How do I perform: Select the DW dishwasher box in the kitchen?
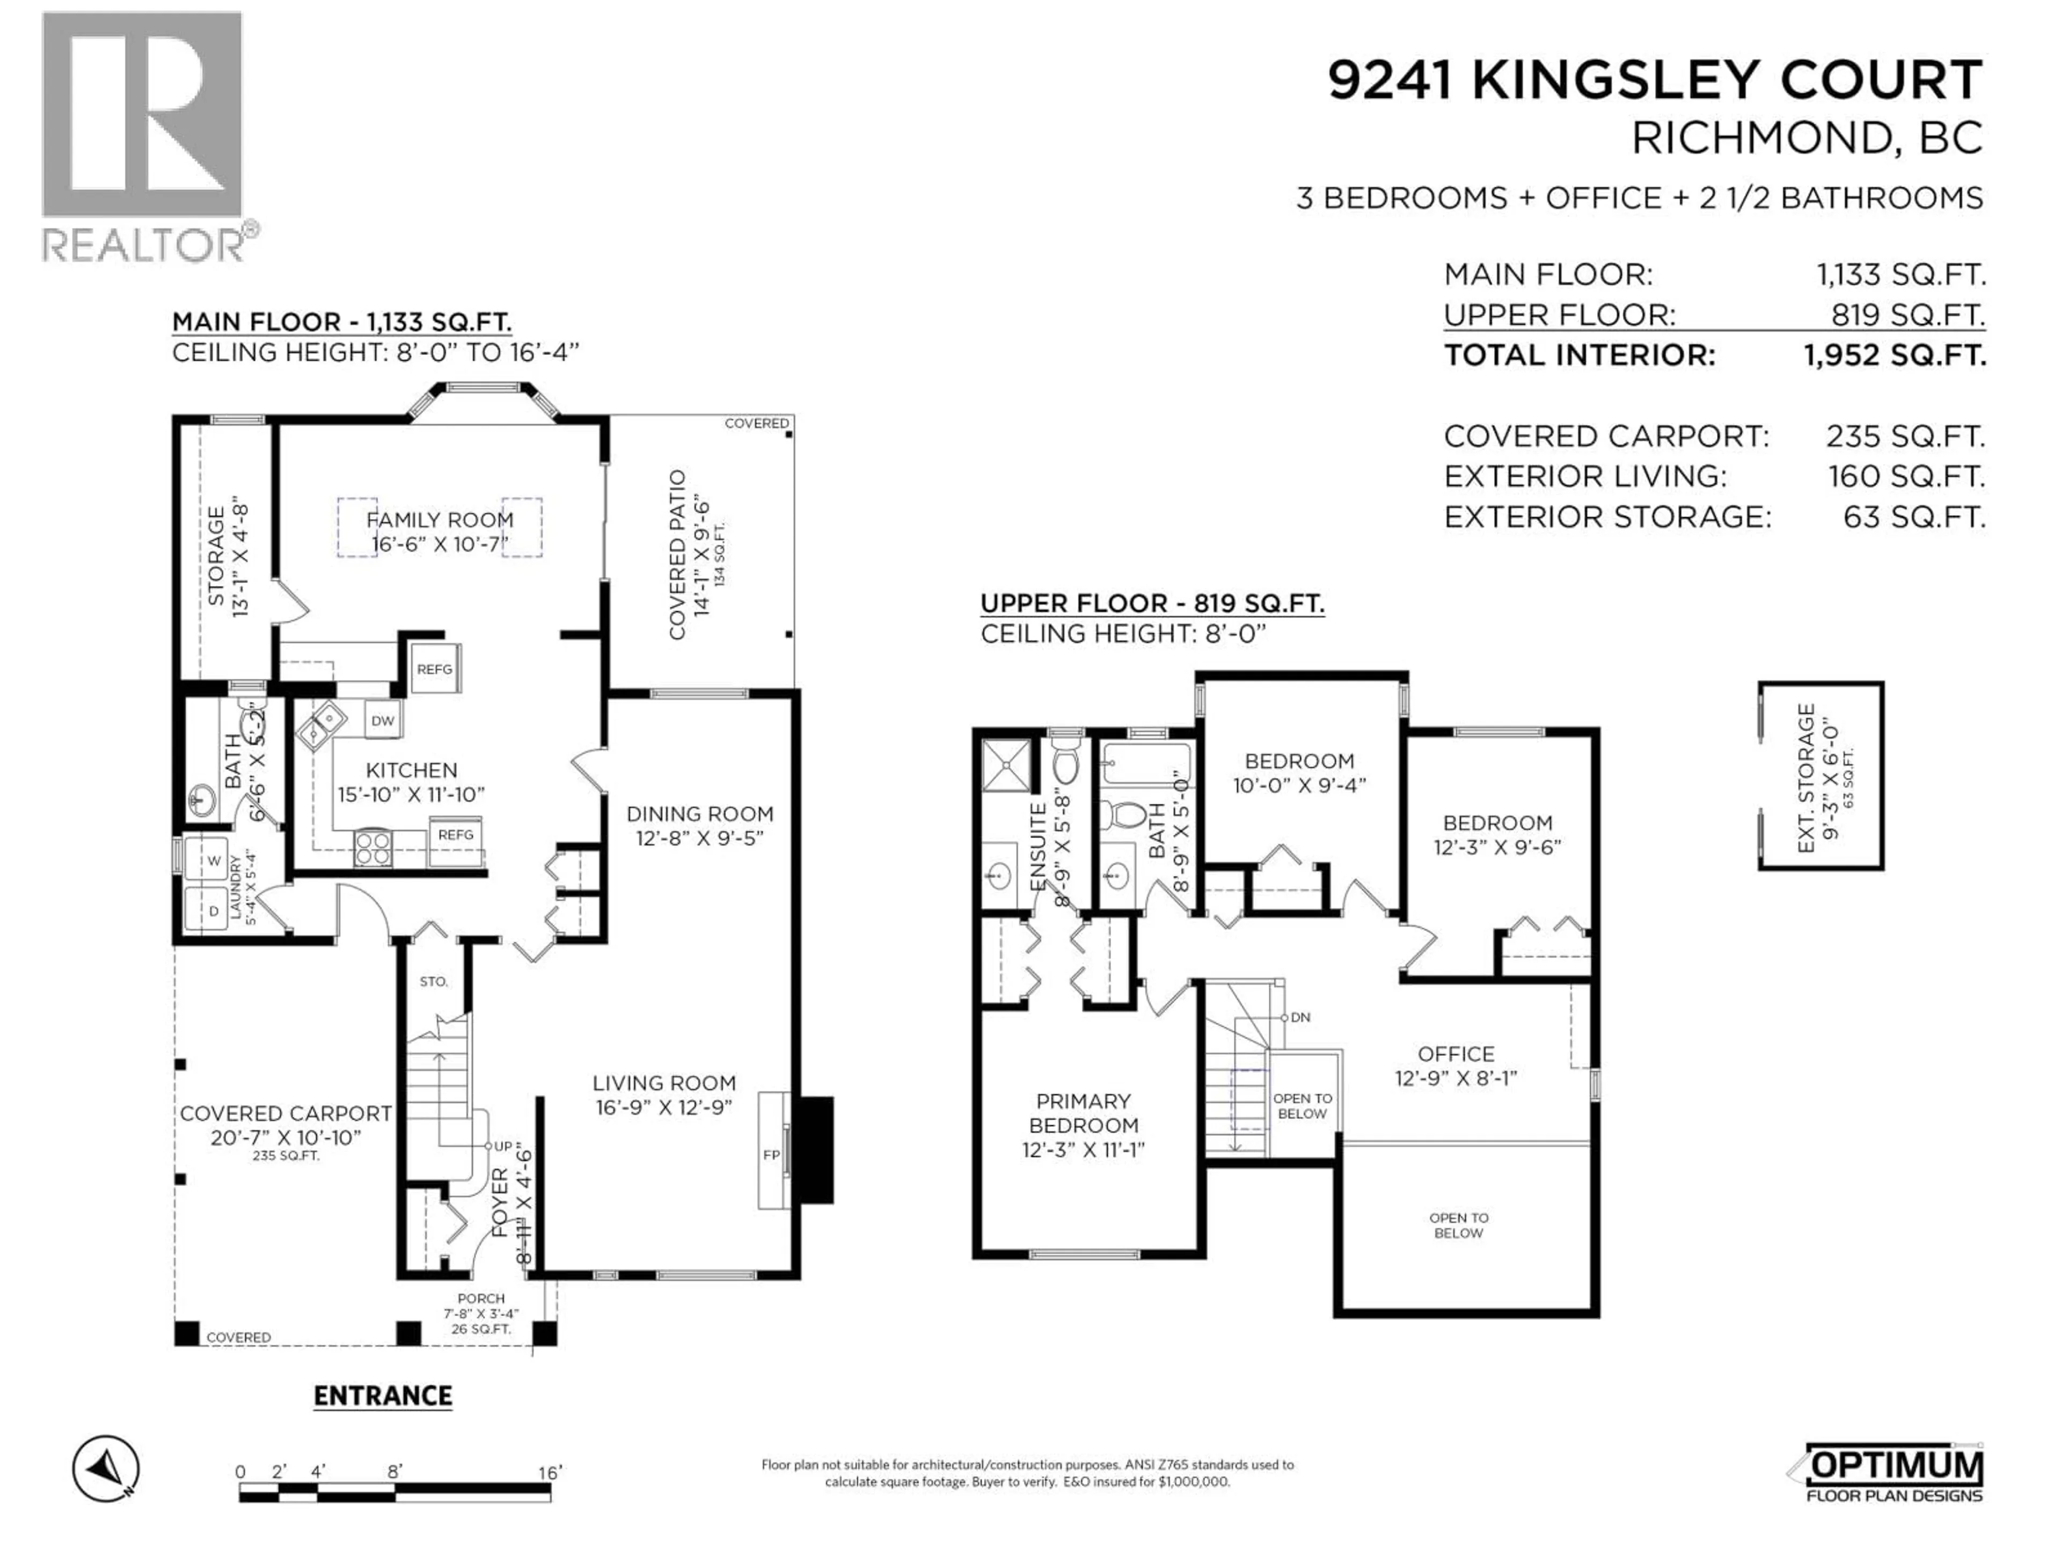[383, 720]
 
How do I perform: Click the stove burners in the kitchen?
[372, 848]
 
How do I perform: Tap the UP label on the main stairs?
[502, 1146]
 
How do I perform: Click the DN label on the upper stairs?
[1300, 1017]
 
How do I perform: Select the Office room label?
[1456, 1054]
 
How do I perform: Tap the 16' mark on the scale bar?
[550, 1472]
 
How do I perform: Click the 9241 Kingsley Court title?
[1655, 80]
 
